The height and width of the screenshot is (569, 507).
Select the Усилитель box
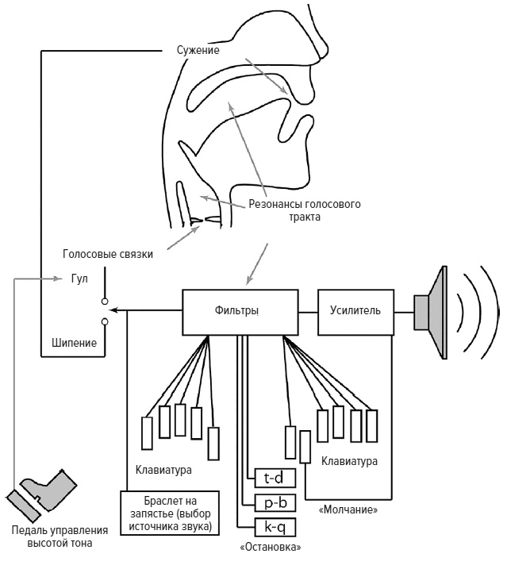(x=355, y=310)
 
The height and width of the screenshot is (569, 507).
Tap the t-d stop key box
(x=275, y=476)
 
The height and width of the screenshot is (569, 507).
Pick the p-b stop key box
(x=275, y=502)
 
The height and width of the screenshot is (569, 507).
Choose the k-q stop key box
(x=275, y=527)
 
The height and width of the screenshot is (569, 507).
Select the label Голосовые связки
(x=107, y=255)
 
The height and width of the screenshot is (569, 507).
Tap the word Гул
(x=79, y=279)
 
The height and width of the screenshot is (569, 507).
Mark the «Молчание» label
(x=347, y=509)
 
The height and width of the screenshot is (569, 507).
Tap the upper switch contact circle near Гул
(x=105, y=302)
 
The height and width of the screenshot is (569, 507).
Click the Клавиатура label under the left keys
(x=163, y=470)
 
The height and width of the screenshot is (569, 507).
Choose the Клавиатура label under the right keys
(x=349, y=460)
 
